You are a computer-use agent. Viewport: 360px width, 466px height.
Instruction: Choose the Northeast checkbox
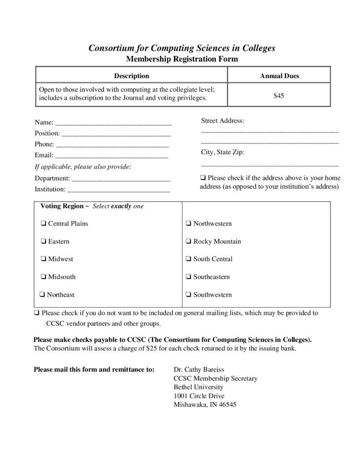(42, 294)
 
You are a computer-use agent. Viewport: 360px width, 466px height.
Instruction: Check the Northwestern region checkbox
(188, 223)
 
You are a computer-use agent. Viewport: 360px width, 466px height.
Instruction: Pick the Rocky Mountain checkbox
(188, 241)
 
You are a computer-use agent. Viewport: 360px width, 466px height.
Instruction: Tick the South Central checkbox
(188, 259)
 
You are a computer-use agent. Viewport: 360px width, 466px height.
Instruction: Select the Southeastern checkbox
(188, 277)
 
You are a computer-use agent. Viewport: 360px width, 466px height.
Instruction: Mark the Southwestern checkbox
(188, 294)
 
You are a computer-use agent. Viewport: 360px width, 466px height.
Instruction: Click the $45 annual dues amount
(279, 96)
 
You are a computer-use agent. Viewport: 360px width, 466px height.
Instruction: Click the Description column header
(131, 76)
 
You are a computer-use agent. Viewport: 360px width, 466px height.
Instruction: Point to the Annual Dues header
(279, 76)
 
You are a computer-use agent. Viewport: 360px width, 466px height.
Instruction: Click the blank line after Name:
(113, 123)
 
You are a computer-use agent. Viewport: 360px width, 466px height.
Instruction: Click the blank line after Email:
(112, 156)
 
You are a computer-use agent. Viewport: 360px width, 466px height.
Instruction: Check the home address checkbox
(203, 178)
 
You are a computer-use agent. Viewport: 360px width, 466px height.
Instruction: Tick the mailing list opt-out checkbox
(36, 313)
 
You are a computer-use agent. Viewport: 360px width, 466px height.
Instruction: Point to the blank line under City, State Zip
(269, 165)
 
